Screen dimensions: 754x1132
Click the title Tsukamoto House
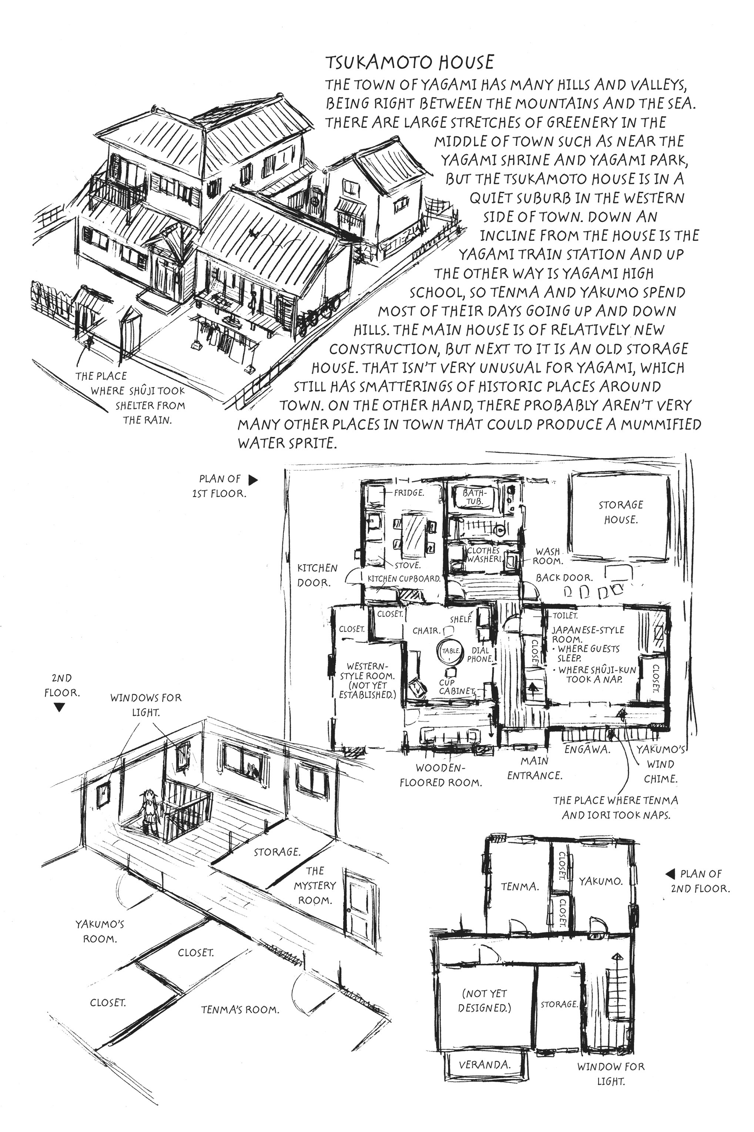409,62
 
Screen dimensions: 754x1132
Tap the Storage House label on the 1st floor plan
620,512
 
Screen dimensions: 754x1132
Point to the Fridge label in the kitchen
408,493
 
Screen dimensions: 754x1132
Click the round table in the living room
450,651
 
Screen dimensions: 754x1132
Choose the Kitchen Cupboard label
404,578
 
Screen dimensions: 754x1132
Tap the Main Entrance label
534,768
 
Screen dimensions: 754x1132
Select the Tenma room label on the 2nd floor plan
519,886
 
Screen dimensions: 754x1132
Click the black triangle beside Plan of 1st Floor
253,480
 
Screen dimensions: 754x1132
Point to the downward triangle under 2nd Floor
59,707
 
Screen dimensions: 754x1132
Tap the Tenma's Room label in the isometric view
239,1009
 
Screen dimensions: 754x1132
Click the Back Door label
564,577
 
